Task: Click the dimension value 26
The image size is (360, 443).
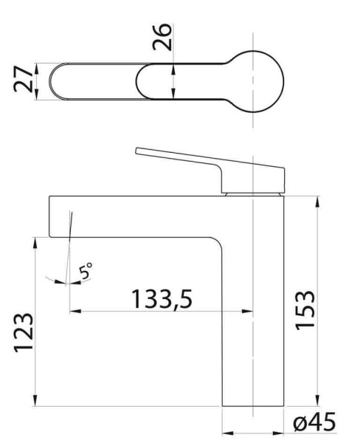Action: (x=165, y=35)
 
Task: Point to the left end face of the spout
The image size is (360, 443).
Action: (x=50, y=216)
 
